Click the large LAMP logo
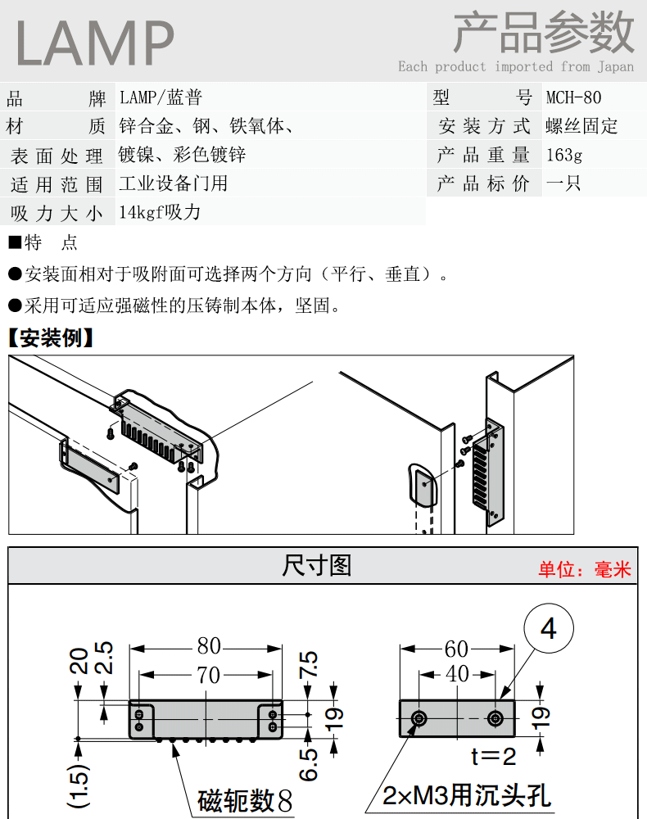click(94, 43)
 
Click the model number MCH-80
click(573, 97)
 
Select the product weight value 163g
click(564, 155)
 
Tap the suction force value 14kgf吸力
click(160, 212)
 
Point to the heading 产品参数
click(544, 33)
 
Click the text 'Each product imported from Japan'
click(516, 67)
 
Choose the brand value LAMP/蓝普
click(161, 97)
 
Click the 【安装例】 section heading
click(51, 338)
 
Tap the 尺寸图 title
click(316, 566)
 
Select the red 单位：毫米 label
click(585, 569)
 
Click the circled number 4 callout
click(548, 628)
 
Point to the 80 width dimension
click(209, 646)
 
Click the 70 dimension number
click(208, 675)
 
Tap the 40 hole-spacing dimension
click(458, 674)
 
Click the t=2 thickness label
click(494, 756)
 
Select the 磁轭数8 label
click(245, 800)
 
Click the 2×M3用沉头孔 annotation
click(466, 795)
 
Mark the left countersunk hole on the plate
click(419, 719)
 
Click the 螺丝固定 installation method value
click(581, 126)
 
